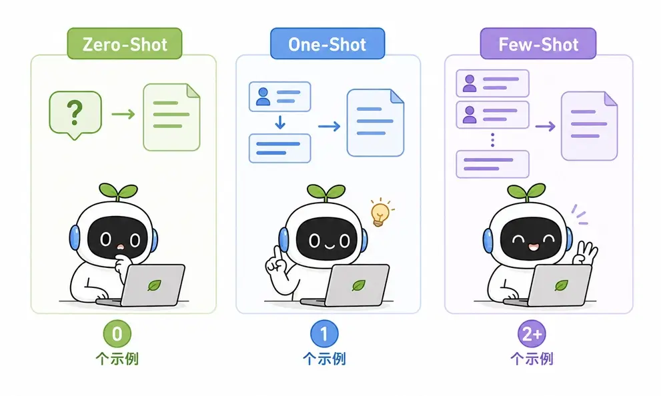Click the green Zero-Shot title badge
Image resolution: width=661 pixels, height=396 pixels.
125,43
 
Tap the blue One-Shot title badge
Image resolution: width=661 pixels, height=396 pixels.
327,43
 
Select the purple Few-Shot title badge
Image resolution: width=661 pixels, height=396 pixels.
538,43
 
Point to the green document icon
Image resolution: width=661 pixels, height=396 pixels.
171,117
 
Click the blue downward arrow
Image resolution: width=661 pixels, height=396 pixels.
280,122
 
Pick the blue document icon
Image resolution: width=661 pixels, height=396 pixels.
375,123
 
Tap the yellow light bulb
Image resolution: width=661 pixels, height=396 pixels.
381,212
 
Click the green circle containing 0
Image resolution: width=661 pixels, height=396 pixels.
117,333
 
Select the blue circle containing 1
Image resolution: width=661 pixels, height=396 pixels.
324,333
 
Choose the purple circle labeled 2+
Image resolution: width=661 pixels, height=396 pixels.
532,333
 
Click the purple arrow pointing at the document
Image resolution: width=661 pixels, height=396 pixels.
546,126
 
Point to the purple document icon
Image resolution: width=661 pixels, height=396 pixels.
590,126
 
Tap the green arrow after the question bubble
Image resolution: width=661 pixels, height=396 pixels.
123,114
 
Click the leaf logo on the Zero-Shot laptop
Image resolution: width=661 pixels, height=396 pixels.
154,285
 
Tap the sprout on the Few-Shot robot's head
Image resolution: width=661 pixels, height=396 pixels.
526,192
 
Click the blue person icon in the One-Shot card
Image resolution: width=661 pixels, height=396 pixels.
263,97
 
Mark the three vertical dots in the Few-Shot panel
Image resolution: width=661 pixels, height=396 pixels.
492,140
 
